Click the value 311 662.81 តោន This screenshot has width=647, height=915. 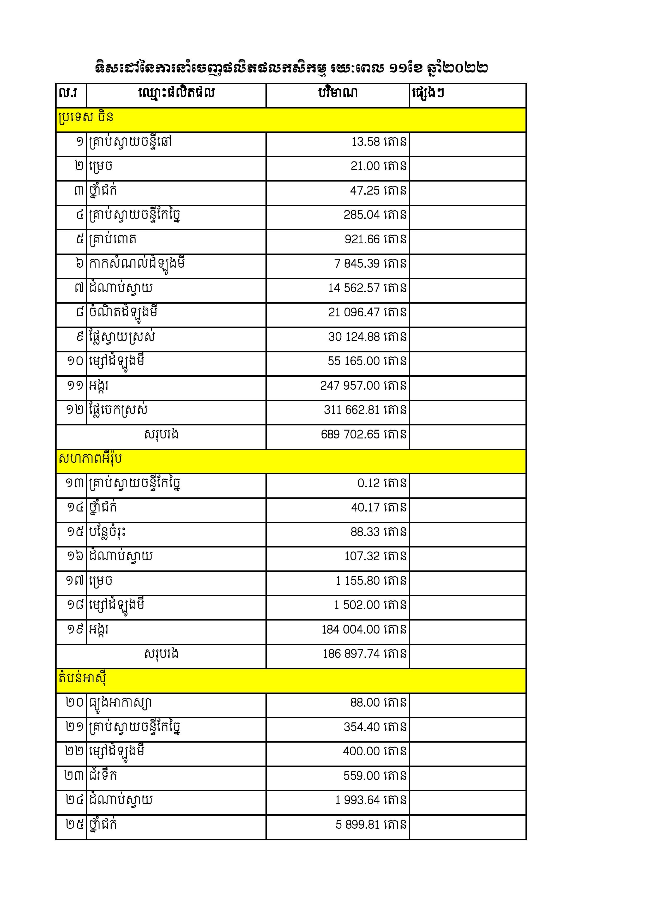[365, 410]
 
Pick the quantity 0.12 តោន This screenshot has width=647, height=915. [382, 483]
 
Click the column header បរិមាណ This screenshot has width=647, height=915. [338, 93]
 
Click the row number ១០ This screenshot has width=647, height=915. [75, 361]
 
